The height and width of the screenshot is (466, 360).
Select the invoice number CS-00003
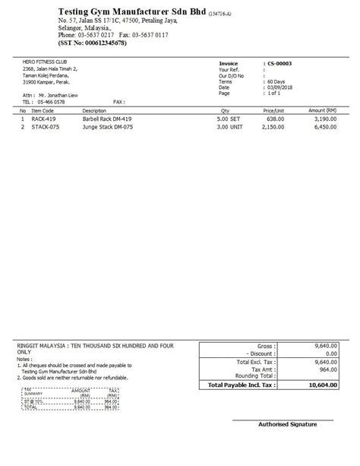click(280, 65)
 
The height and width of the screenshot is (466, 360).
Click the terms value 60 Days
click(278, 82)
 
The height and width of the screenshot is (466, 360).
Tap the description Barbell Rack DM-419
click(109, 119)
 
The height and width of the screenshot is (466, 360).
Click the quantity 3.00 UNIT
click(229, 128)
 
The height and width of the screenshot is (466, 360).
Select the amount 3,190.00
click(325, 119)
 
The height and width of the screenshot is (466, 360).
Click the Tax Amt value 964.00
click(327, 369)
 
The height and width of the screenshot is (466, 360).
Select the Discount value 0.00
click(330, 353)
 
